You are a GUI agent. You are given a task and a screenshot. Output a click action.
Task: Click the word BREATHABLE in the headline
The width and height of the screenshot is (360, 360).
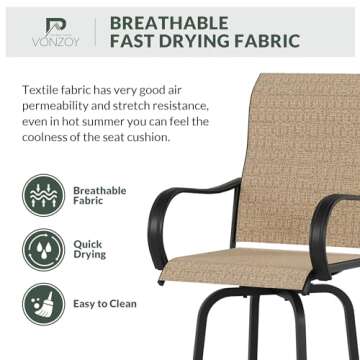(x=169, y=21)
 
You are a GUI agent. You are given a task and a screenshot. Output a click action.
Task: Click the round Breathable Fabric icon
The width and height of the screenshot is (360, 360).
(x=42, y=194)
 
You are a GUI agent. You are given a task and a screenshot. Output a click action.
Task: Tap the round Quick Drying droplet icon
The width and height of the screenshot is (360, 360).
(x=42, y=249)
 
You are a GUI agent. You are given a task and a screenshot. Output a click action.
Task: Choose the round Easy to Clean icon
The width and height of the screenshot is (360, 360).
(x=42, y=303)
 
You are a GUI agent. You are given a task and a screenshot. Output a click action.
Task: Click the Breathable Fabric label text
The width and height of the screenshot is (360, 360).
(x=99, y=195)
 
